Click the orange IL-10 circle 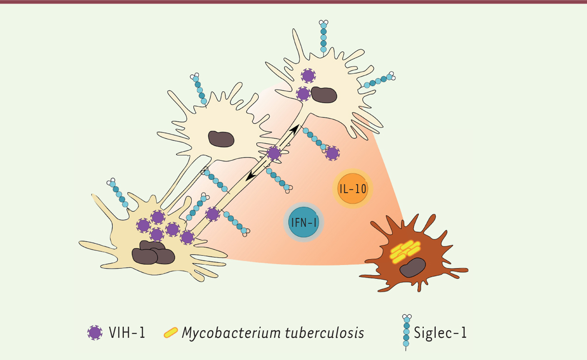click(353, 189)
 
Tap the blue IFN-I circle click(304, 222)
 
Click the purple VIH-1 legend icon click(95, 333)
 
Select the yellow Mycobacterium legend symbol click(171, 333)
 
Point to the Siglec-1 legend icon click(406, 332)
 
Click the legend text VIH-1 click(127, 333)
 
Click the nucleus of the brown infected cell click(413, 268)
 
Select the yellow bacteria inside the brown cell click(405, 251)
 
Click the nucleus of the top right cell click(324, 95)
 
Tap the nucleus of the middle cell click(221, 139)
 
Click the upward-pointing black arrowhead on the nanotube click(295, 129)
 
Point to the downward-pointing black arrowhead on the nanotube click(250, 176)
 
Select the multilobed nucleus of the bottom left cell click(153, 252)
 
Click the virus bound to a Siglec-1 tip click(332, 154)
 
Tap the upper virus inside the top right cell click(308, 76)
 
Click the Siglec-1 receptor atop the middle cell click(199, 90)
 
